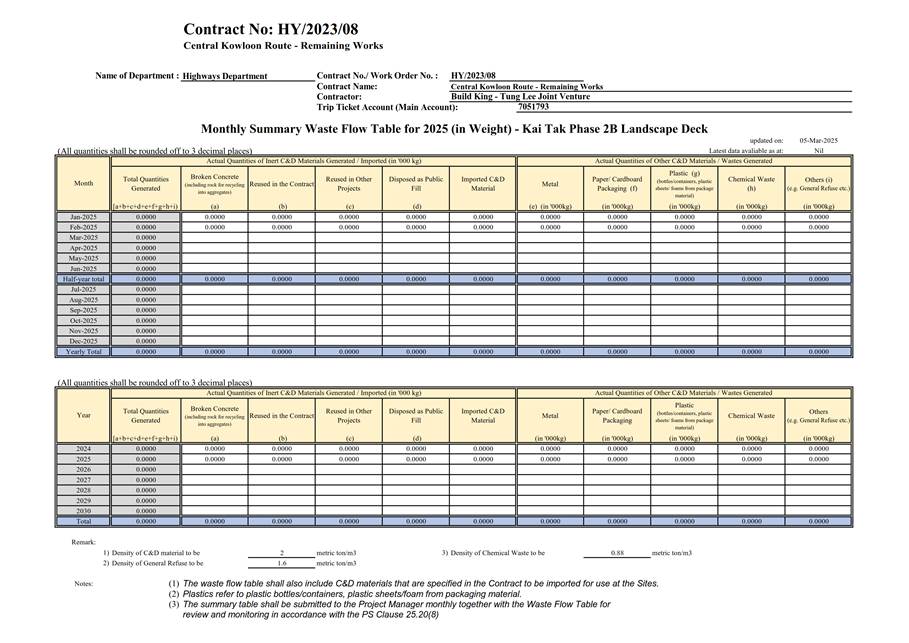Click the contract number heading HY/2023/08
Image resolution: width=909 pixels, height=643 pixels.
pos(271,29)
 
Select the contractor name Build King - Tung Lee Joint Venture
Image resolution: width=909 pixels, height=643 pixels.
pos(520,96)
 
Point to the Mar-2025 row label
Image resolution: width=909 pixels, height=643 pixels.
pos(83,237)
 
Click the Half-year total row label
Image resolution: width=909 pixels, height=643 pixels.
pos(83,279)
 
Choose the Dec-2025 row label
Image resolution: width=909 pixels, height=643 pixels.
pos(83,341)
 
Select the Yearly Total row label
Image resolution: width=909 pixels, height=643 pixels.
pos(83,352)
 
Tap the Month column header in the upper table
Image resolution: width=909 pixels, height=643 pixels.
pos(83,183)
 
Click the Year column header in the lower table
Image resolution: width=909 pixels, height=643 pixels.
pos(83,415)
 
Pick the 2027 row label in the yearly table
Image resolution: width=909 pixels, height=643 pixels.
pos(83,480)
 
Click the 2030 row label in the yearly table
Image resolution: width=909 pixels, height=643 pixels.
pos(83,511)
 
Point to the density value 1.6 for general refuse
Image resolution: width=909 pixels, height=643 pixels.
pos(282,563)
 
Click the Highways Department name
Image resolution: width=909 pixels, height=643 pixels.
pos(225,76)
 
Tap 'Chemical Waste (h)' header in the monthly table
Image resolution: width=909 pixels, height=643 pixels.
pos(751,183)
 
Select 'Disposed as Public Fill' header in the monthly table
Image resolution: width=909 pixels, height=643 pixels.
pos(416,183)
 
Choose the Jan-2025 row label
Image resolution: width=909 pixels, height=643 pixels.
pos(83,216)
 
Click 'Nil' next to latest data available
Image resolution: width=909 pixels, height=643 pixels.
pos(818,150)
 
